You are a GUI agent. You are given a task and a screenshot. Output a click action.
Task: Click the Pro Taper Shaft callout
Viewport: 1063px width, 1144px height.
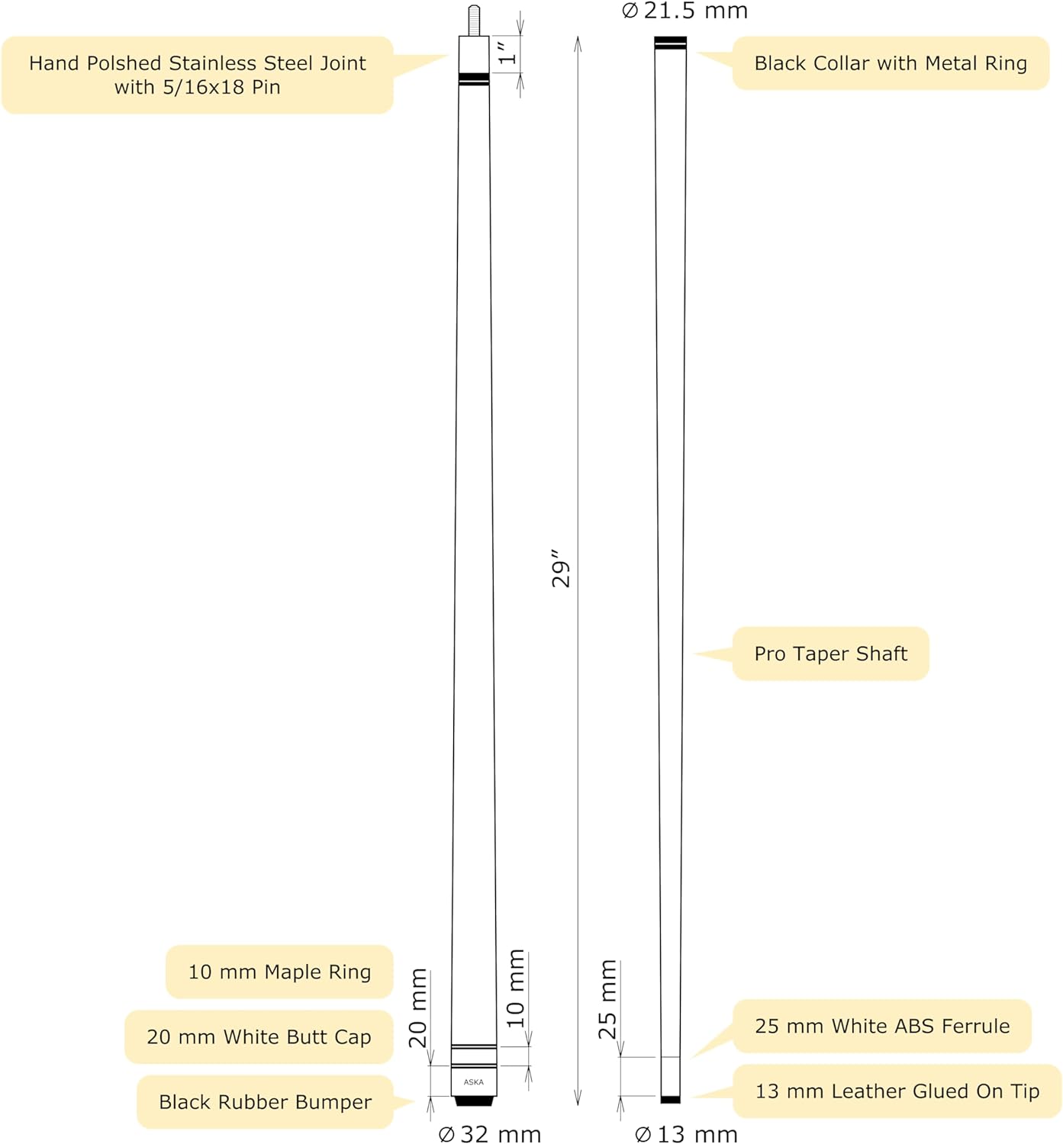click(830, 654)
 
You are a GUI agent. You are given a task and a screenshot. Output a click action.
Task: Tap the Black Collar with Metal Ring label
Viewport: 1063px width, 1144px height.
click(890, 63)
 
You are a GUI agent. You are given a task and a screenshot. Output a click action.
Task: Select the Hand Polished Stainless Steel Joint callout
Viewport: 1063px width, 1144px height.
click(197, 75)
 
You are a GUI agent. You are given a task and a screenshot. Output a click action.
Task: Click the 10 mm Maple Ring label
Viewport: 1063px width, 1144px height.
click(279, 972)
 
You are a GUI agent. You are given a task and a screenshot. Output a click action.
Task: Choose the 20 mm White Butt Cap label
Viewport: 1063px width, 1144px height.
click(259, 1036)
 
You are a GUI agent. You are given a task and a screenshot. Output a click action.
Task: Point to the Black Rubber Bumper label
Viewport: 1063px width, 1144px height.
click(265, 1102)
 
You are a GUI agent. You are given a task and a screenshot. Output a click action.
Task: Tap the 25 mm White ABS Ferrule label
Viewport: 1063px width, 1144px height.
click(881, 1026)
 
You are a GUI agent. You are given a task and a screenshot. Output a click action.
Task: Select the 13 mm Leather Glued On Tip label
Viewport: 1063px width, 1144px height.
click(897, 1091)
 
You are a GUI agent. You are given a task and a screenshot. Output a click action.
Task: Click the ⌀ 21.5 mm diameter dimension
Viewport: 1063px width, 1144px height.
click(685, 11)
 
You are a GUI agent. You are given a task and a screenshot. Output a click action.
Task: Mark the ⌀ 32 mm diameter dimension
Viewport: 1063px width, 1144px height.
click(490, 1134)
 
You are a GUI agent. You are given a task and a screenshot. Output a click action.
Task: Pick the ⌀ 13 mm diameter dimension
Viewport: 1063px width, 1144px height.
click(686, 1134)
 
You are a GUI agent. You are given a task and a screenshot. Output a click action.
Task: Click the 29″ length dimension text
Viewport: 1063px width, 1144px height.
click(561, 568)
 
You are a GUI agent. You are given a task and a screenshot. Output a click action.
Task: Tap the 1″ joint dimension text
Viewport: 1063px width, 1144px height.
click(507, 53)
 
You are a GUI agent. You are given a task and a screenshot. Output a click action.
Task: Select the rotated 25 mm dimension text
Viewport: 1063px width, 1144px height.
click(607, 999)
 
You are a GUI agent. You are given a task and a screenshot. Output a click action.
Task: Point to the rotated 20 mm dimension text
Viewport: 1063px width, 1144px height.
click(418, 1007)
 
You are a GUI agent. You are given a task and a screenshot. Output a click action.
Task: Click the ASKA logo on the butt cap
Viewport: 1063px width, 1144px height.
click(474, 1081)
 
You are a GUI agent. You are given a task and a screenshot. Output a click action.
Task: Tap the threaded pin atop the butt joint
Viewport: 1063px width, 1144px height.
click(474, 20)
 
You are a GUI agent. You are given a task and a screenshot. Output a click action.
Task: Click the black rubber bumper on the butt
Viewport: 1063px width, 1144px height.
click(474, 1101)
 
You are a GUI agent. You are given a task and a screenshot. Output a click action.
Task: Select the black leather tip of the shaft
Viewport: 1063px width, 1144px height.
click(670, 1099)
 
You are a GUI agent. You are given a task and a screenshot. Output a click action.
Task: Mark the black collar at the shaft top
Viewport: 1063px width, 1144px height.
click(670, 43)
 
